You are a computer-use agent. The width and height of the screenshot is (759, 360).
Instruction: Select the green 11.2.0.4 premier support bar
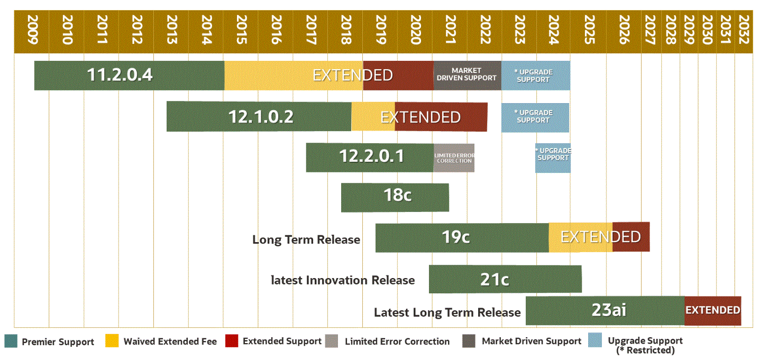[x=129, y=75]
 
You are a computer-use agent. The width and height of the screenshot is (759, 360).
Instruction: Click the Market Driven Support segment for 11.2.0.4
[x=467, y=75]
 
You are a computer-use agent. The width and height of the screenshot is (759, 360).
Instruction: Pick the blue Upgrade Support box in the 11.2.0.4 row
[x=535, y=76]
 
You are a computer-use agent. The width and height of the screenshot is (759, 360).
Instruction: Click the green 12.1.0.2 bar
[x=259, y=116]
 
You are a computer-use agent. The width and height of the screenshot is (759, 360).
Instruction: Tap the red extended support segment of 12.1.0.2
[x=441, y=116]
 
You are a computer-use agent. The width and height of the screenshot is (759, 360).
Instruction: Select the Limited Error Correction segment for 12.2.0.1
[x=453, y=158]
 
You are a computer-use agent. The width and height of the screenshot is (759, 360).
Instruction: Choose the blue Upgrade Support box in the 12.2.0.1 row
[x=553, y=158]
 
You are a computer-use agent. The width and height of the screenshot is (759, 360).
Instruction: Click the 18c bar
[x=395, y=197]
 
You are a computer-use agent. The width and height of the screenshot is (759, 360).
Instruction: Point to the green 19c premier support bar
[x=462, y=237]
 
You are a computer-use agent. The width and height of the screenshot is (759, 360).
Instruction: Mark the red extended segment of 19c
[x=630, y=237]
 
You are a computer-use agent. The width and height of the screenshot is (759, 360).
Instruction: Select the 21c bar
[x=505, y=279]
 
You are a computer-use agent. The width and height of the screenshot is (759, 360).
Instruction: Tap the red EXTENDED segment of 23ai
[x=712, y=310]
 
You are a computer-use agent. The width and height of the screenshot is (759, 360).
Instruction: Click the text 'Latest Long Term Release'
[x=447, y=312]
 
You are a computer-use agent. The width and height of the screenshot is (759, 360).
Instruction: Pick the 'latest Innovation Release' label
[x=342, y=280]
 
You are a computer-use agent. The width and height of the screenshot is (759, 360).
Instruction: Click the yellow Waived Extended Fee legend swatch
[x=112, y=341]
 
